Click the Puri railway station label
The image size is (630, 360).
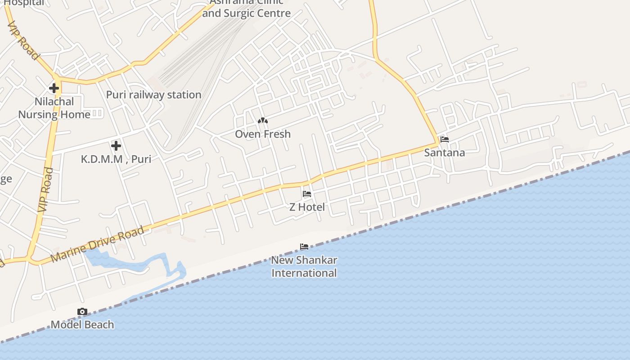(x=153, y=94)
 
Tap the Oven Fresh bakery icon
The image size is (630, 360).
(x=263, y=121)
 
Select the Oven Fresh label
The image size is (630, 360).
(x=263, y=134)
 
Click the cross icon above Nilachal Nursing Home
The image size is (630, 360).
(x=54, y=88)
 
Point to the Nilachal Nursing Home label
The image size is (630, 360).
(x=54, y=108)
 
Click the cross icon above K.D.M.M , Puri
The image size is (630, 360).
(x=116, y=145)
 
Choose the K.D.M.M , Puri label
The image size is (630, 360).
(x=116, y=159)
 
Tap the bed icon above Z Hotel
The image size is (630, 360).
(x=307, y=194)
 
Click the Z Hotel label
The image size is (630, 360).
(x=307, y=207)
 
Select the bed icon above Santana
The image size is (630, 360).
(x=445, y=139)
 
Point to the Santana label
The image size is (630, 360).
(x=445, y=153)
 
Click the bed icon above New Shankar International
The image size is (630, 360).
(x=304, y=247)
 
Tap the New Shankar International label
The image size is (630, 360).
(x=304, y=266)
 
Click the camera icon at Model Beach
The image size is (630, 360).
(x=82, y=311)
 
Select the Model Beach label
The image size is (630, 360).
(x=82, y=324)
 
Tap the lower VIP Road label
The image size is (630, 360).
(x=45, y=189)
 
